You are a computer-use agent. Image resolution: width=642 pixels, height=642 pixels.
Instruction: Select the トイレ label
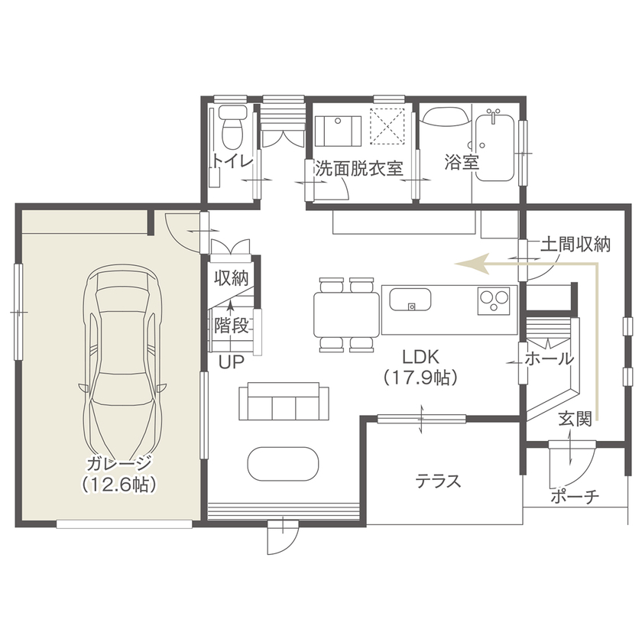point(232,161)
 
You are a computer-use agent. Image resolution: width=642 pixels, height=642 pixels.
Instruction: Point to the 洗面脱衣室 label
point(359,168)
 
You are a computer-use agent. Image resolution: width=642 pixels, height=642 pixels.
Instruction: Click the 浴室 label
point(461,163)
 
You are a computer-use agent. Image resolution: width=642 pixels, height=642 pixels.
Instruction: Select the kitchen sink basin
point(413,300)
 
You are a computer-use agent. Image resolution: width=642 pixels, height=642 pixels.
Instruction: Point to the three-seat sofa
point(284,402)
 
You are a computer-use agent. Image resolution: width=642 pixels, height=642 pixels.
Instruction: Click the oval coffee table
point(283,462)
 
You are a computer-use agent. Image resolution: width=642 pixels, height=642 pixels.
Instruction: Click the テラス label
point(438,481)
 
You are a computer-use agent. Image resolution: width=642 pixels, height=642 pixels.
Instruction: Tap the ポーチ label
point(574,497)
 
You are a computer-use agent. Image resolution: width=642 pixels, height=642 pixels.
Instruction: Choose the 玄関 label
point(574,419)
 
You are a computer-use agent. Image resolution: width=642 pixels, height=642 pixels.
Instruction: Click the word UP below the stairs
point(231,362)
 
